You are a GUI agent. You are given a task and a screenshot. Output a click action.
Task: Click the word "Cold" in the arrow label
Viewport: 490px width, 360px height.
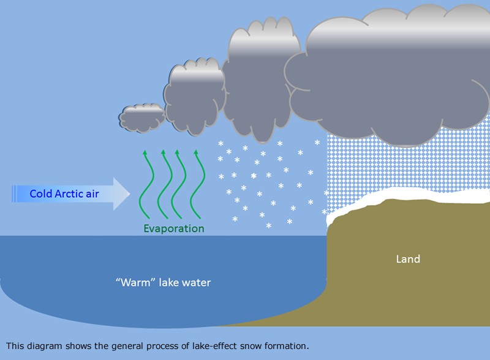[40, 193]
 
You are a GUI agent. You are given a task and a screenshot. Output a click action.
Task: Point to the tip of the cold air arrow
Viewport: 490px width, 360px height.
[130, 193]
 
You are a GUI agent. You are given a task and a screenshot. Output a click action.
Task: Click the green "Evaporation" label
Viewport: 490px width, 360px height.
[174, 228]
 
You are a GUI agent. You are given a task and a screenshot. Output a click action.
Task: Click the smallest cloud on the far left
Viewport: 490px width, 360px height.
[142, 118]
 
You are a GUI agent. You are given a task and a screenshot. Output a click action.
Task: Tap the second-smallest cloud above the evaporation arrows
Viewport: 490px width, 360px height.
[194, 97]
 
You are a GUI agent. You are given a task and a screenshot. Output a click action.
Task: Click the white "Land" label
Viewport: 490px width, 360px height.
[408, 259]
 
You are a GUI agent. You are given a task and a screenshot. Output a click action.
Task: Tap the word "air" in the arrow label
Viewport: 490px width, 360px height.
[92, 193]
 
